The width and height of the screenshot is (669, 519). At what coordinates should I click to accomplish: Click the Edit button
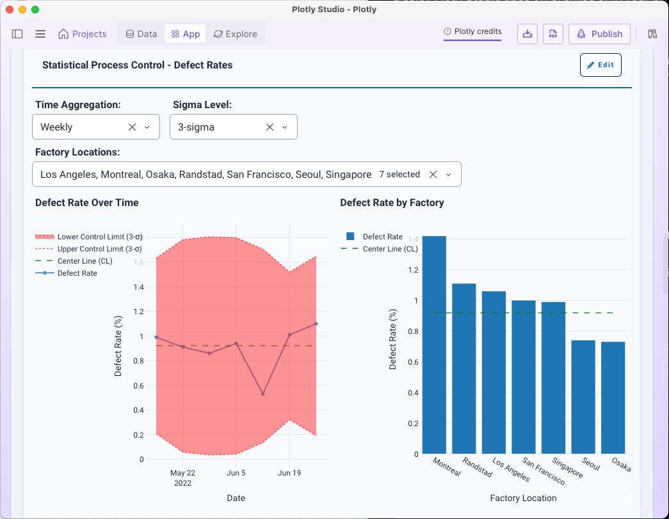tap(600, 65)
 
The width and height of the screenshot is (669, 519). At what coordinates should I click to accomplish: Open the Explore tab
tap(235, 34)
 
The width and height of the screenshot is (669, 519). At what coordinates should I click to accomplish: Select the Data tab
tap(141, 34)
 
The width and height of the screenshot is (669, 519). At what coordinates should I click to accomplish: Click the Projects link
tap(82, 34)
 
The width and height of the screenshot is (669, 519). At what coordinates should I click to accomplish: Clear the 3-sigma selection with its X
tap(270, 127)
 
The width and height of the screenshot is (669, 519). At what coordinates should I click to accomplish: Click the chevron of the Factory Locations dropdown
tap(449, 175)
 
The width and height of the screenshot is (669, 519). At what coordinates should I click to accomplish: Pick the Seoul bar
tap(583, 396)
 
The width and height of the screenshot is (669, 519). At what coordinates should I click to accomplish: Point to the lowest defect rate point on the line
tap(263, 394)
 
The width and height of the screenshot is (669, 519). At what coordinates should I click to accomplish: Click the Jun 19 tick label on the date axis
tap(289, 473)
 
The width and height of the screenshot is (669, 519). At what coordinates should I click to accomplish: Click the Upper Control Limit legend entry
tap(99, 249)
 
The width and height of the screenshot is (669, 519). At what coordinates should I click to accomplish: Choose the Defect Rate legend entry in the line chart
tap(77, 273)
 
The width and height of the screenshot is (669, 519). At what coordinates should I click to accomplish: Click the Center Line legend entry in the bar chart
tap(390, 249)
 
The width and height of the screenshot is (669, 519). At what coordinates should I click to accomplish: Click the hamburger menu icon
tap(40, 34)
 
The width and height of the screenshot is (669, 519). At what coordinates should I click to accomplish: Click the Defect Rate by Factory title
tap(392, 203)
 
